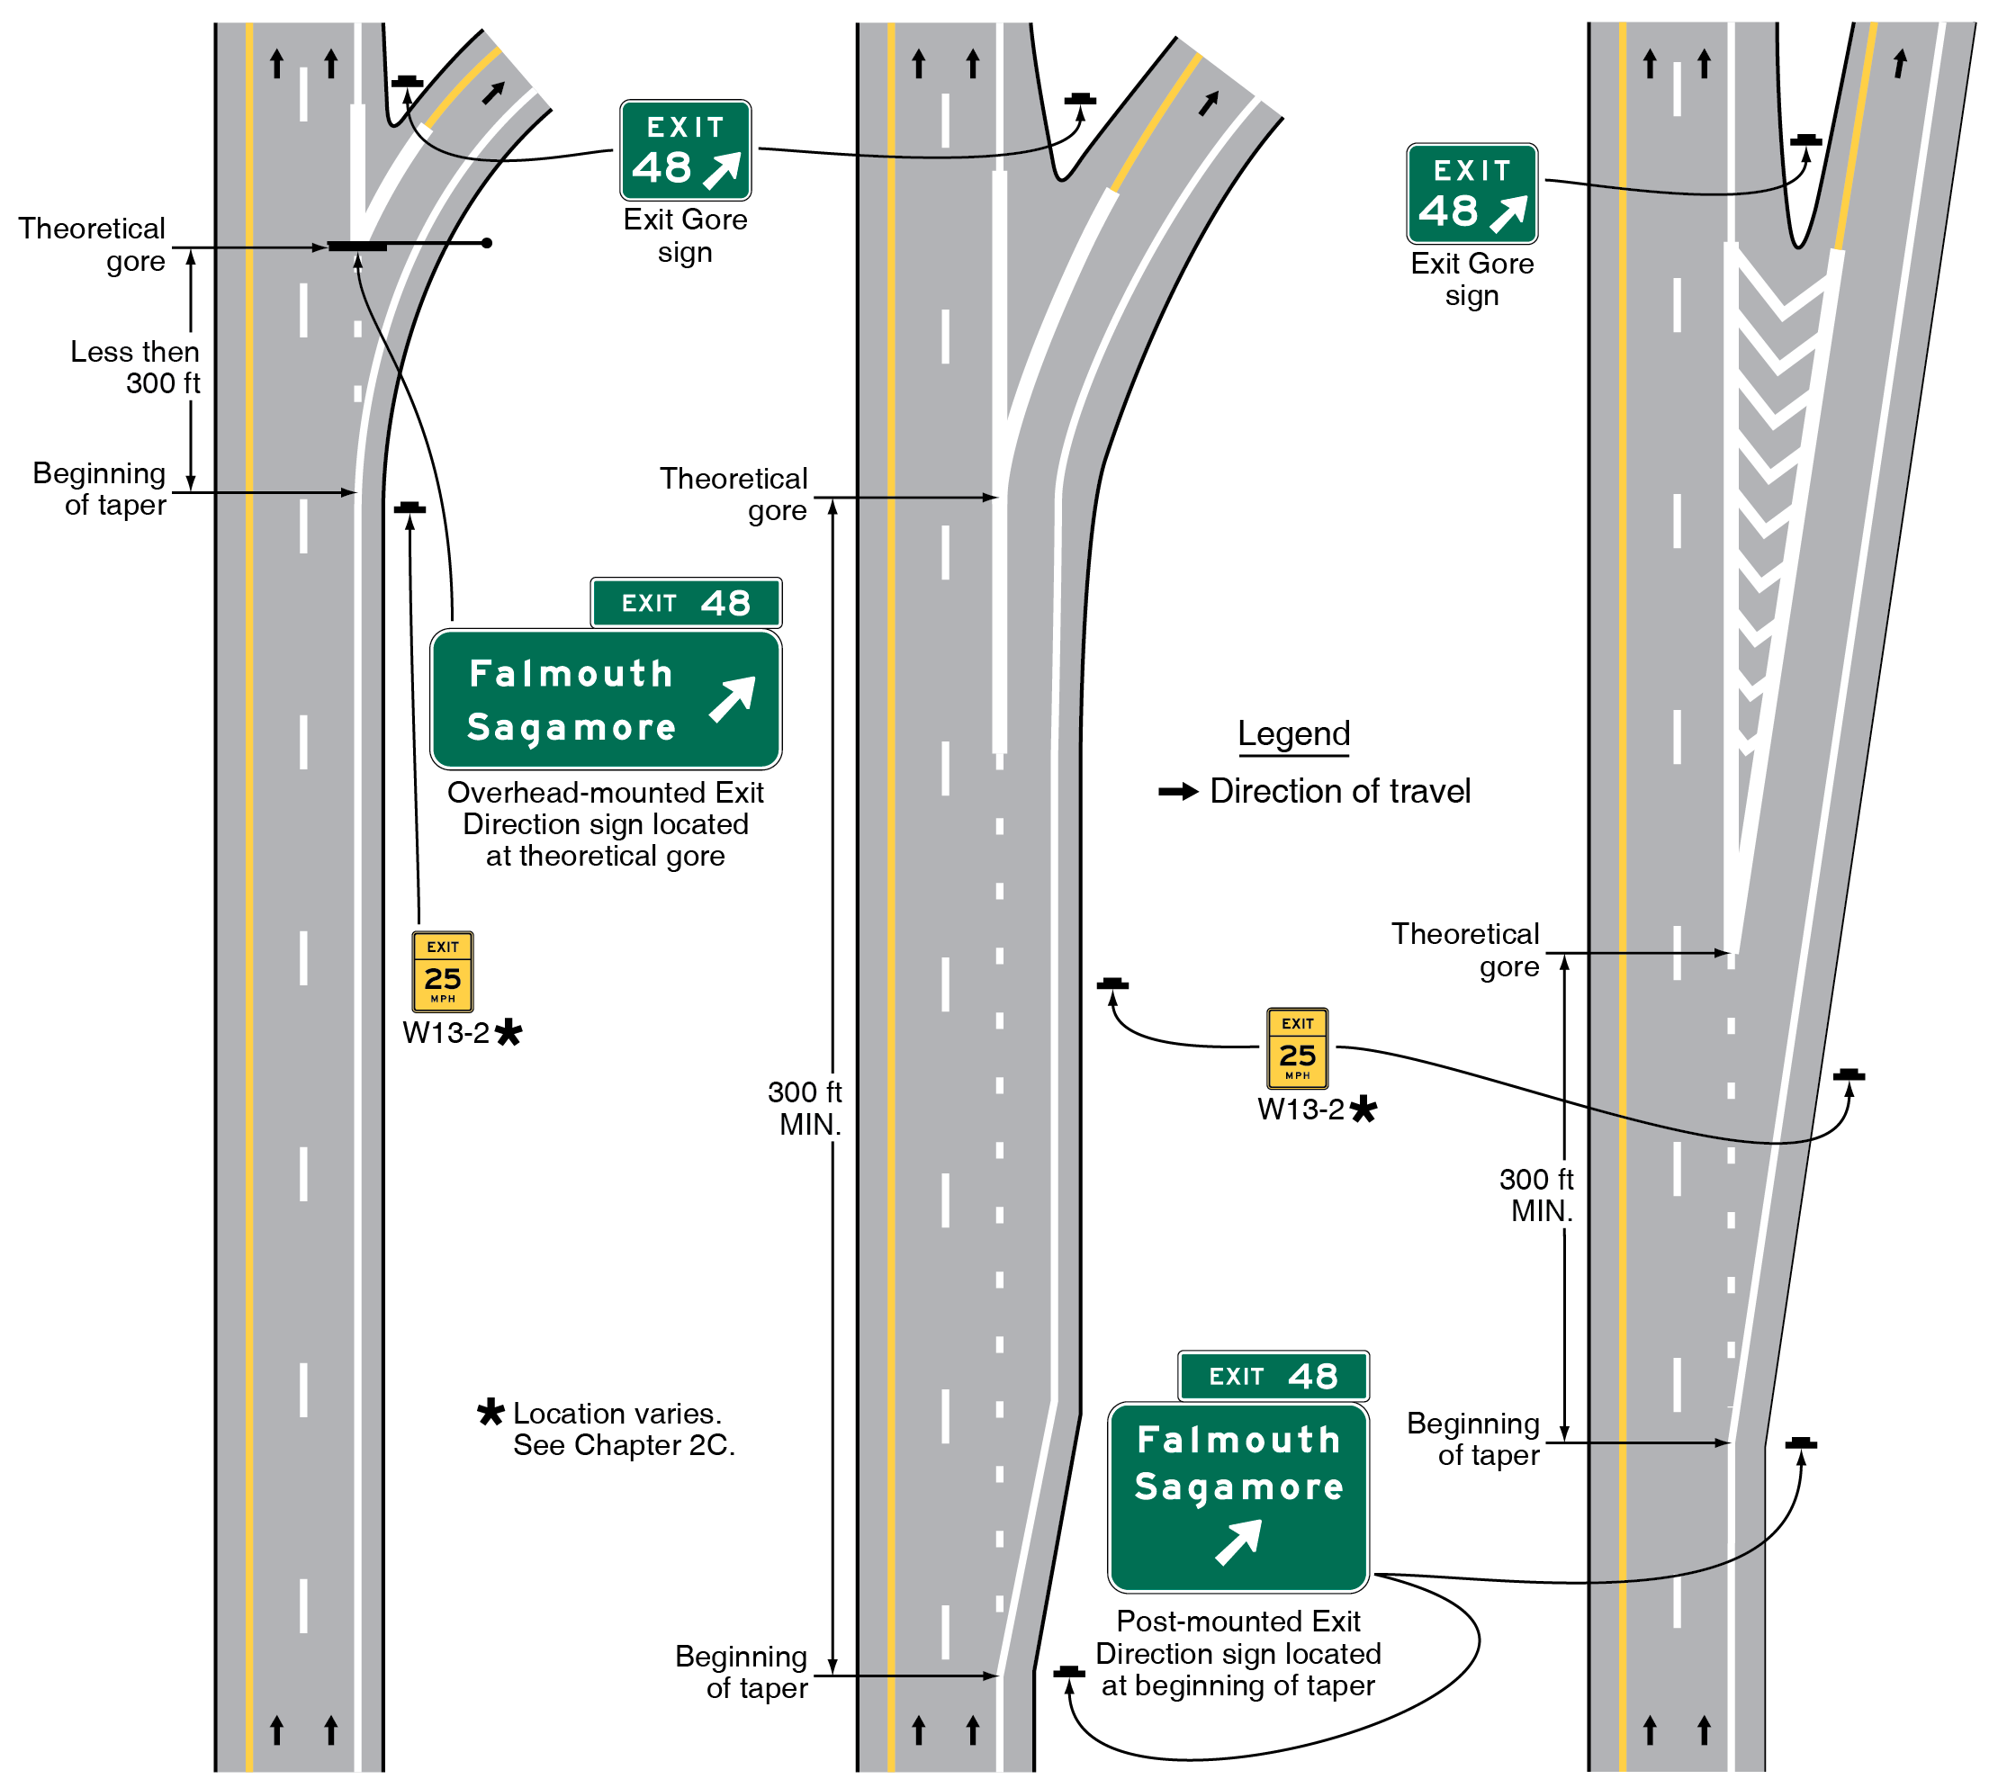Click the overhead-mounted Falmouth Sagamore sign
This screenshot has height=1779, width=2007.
coord(606,699)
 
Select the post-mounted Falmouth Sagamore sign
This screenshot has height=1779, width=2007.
coord(1237,1496)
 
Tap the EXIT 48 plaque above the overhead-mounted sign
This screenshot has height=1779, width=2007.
coord(686,602)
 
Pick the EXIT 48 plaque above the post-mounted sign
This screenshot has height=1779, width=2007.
coord(1273,1376)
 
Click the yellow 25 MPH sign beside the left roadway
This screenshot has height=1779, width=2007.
coord(442,971)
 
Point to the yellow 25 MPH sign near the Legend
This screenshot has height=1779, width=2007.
coord(1296,1047)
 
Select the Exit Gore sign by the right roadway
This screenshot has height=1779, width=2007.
coord(1471,193)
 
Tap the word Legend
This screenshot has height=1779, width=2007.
coord(1293,733)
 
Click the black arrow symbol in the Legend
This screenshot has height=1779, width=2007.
coord(1177,791)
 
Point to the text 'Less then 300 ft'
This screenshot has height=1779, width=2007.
coord(136,367)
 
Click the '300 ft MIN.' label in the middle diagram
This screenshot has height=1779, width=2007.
coord(805,1108)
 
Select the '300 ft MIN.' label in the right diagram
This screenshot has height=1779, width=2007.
coord(1536,1195)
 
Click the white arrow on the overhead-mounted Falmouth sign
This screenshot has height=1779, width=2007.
coord(733,698)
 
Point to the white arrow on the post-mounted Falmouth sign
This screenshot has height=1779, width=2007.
coord(1237,1541)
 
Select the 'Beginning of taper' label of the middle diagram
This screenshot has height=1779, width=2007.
coord(742,1671)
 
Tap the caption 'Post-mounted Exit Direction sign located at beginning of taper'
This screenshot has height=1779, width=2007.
coord(1237,1653)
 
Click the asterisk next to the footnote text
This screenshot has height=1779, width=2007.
coord(490,1412)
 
